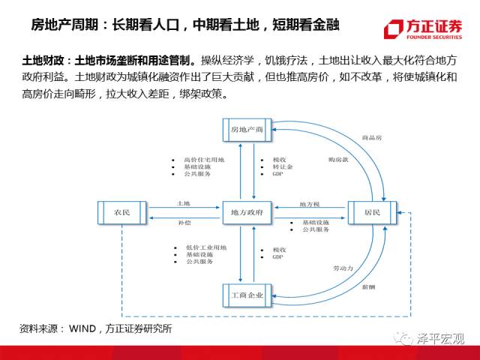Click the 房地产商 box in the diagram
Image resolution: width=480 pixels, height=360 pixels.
tap(248, 130)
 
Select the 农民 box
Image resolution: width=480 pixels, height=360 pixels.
tap(121, 214)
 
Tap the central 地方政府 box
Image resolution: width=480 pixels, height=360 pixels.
tap(247, 214)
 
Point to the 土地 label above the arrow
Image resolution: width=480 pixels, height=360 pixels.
tap(183, 204)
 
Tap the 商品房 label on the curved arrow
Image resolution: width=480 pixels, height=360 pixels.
tap(373, 138)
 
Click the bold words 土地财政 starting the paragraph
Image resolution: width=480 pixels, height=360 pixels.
tap(40, 58)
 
